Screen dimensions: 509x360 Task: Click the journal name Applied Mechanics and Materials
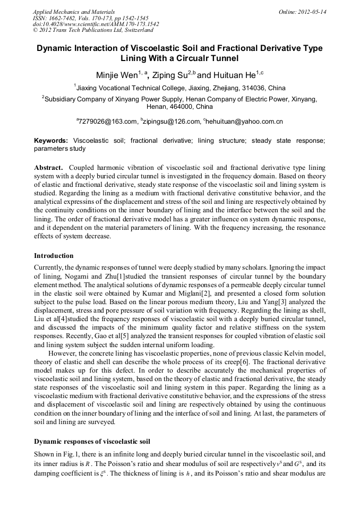coord(74,11)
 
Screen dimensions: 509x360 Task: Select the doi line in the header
coord(96,24)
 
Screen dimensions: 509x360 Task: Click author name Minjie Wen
coord(118,75)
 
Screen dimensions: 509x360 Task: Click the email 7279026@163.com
coord(108,122)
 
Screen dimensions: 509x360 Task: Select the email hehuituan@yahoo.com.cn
coord(244,122)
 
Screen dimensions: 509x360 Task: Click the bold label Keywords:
coord(51,141)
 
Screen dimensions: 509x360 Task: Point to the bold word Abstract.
coord(49,166)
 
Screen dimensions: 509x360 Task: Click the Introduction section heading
coord(54,255)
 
